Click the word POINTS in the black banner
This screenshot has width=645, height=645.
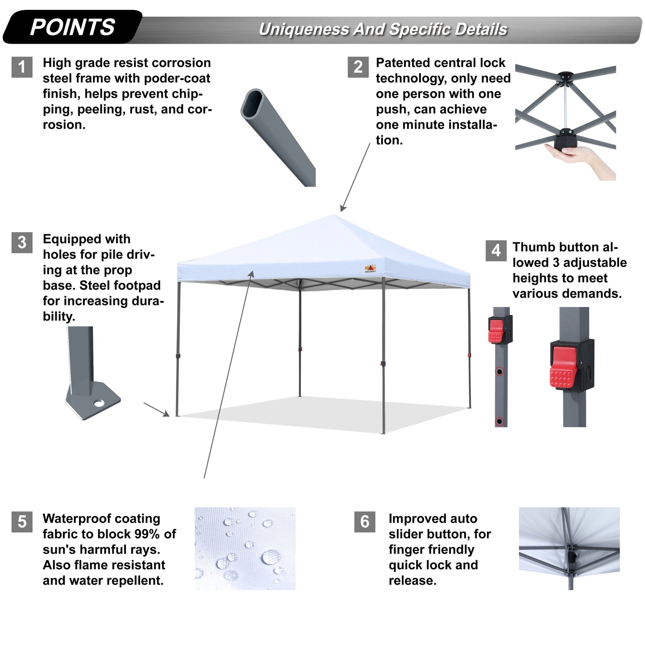tap(72, 27)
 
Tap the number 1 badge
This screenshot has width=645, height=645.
tap(22, 67)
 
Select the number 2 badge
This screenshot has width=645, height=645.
tap(358, 67)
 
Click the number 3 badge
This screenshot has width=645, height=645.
tap(22, 242)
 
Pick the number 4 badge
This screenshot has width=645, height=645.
tap(495, 250)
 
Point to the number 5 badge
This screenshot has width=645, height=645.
tap(22, 522)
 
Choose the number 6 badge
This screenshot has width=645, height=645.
tap(365, 522)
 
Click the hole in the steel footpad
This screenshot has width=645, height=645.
tap(99, 404)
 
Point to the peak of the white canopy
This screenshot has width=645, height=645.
tap(336, 216)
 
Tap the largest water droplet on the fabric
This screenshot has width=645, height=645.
tap(270, 557)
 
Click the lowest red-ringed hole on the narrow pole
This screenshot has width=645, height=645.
tap(499, 421)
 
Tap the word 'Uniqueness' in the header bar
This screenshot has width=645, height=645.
tap(304, 29)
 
